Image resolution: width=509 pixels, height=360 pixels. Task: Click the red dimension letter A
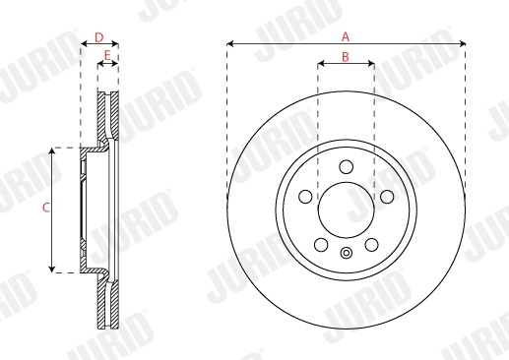(x=346, y=35)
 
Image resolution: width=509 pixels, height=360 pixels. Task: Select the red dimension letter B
(x=346, y=57)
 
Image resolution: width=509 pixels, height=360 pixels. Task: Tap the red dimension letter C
(x=44, y=209)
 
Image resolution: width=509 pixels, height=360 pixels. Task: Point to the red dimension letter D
(x=98, y=36)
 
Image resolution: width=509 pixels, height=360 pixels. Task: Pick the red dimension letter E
(x=106, y=55)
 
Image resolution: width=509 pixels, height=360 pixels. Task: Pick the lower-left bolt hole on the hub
(x=321, y=243)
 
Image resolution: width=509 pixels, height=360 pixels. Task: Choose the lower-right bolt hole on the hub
(x=370, y=243)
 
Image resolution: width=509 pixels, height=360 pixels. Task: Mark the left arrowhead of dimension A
(x=230, y=43)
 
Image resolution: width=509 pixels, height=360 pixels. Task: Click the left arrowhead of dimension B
(x=320, y=65)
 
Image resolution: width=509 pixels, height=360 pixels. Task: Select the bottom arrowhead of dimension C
(x=53, y=269)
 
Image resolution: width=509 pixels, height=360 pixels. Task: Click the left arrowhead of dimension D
(x=84, y=44)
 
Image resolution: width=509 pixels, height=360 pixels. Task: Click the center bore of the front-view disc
(x=346, y=210)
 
